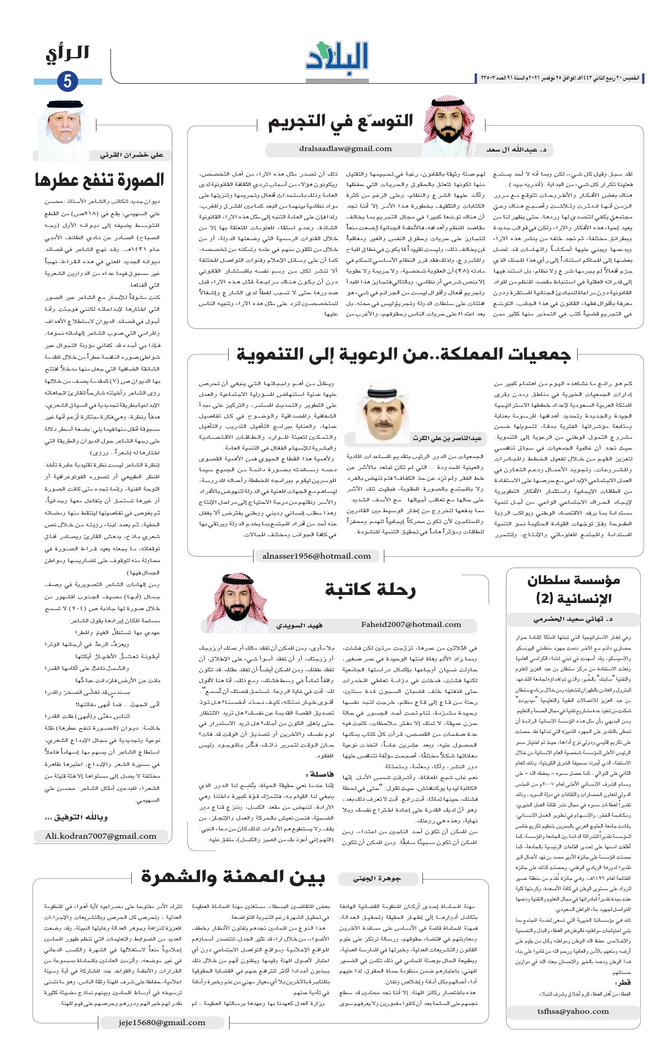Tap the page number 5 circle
tap(67, 82)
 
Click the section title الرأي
tap(67, 54)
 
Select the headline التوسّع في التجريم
tap(340, 122)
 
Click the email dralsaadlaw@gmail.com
tap(345, 149)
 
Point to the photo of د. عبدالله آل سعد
tap(448, 126)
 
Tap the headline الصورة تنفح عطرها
tap(99, 180)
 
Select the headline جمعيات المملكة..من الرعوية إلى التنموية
tap(403, 354)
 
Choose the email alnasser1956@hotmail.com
tap(317, 556)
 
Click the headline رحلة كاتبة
tap(370, 589)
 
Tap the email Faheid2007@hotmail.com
tap(411, 625)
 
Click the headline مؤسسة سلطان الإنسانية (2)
tap(573, 589)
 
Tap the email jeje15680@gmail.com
tap(162, 1022)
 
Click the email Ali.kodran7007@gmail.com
tap(101, 836)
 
